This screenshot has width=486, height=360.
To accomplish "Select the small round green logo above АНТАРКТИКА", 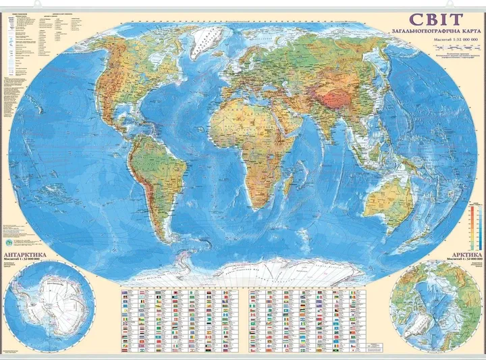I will click(x=9, y=240).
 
